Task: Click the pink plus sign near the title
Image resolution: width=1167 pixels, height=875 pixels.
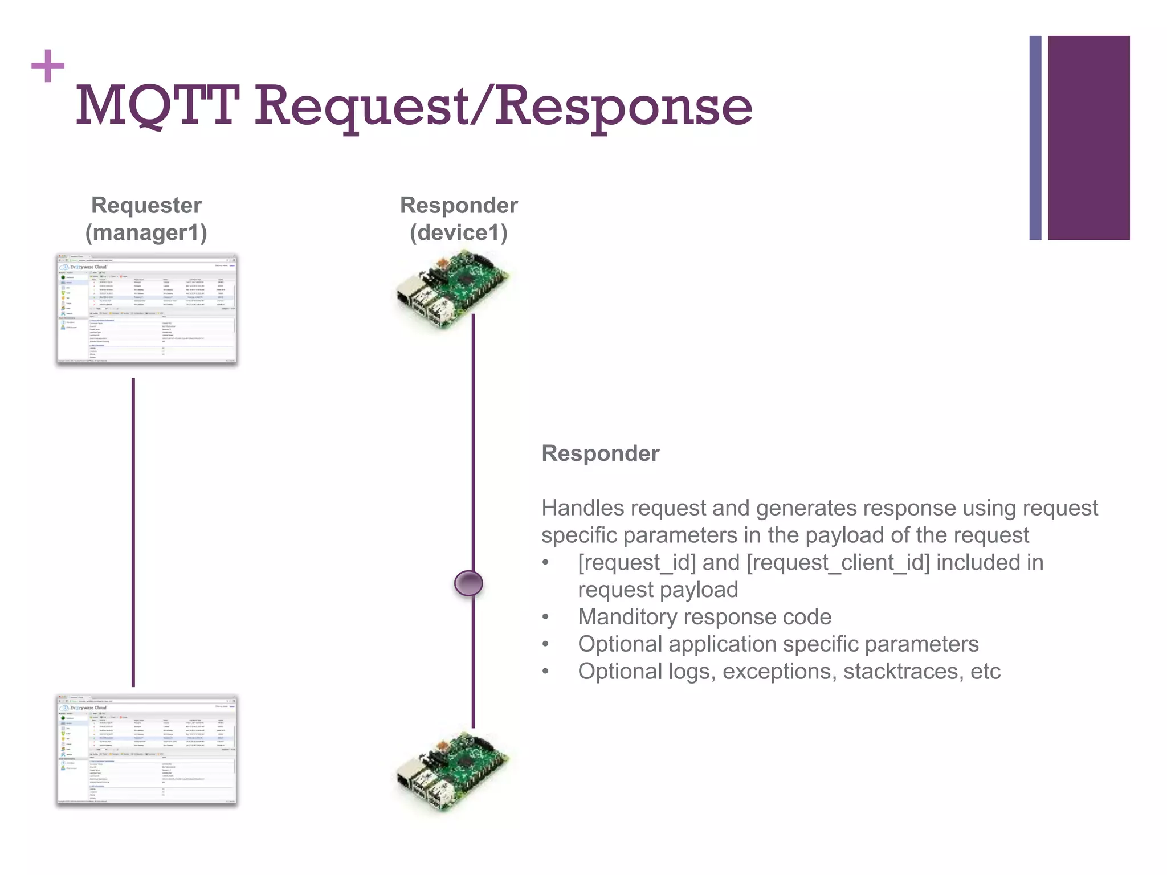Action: (x=48, y=66)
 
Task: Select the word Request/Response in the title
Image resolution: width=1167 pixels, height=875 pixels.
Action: (x=503, y=106)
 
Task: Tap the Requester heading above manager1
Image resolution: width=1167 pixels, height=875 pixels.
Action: (x=146, y=205)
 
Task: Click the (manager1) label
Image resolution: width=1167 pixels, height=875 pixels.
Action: (x=146, y=232)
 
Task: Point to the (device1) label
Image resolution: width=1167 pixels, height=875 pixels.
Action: (x=459, y=232)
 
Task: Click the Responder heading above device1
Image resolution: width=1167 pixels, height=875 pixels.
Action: (x=459, y=205)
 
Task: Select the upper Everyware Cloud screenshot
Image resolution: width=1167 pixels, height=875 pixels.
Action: (x=146, y=309)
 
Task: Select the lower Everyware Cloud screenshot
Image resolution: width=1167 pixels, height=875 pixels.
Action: (x=146, y=750)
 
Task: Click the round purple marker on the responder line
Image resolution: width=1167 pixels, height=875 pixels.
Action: (x=468, y=583)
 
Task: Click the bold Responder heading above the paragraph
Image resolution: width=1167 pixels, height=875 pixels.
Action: (x=600, y=453)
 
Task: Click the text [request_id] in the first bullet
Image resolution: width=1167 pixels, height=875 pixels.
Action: (x=636, y=563)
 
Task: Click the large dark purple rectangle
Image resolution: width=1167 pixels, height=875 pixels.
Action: (x=1088, y=138)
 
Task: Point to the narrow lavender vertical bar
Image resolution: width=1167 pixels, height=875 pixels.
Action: (x=1035, y=138)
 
